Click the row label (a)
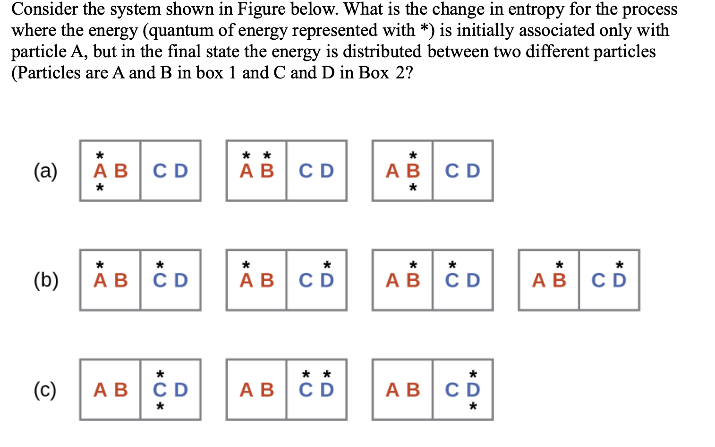(45, 171)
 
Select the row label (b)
(46, 280)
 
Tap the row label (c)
(45, 390)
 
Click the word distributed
(382, 52)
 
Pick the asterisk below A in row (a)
(100, 188)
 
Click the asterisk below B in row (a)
(413, 188)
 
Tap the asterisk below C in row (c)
(160, 406)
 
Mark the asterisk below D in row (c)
(473, 406)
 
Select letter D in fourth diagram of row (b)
(619, 281)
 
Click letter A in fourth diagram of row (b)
(539, 281)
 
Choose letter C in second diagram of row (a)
(306, 171)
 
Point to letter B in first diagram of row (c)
(121, 390)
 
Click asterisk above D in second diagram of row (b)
(327, 265)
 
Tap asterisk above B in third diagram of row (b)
(413, 265)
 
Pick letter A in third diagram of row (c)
(392, 390)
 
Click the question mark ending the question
(409, 73)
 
